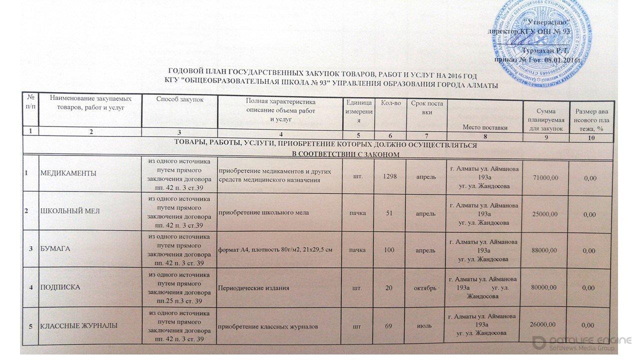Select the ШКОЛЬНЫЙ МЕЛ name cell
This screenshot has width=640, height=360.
point(70,211)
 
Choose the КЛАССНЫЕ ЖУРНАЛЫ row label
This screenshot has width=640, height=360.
point(79,326)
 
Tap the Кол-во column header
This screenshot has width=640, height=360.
point(390,102)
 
